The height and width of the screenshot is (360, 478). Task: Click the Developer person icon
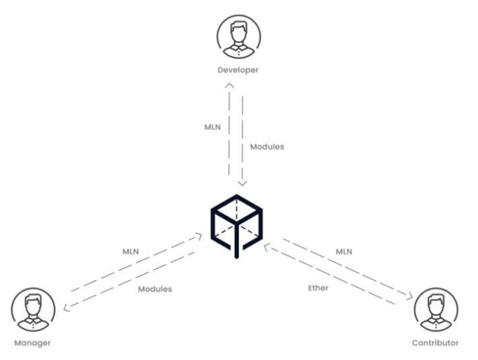239,37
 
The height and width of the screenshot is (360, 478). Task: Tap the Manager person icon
33,310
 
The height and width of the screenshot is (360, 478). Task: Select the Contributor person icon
436,310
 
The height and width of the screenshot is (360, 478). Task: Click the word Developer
238,71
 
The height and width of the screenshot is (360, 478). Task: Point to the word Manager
32,343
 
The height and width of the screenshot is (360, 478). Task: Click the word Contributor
435,343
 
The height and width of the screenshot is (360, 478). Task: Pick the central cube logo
236,226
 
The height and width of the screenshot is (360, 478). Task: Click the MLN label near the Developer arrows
213,127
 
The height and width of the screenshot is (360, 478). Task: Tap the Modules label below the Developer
267,147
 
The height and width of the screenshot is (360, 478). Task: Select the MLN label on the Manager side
131,252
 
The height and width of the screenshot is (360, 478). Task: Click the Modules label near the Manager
155,289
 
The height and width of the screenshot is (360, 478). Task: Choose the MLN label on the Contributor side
344,252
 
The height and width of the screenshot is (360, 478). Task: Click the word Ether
318,288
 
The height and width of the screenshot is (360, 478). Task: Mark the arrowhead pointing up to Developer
230,85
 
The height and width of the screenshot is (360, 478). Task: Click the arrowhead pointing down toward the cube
242,184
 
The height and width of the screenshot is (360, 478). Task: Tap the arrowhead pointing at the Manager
66,308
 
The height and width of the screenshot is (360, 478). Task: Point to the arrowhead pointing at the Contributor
410,296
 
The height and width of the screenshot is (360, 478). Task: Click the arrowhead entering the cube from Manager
199,236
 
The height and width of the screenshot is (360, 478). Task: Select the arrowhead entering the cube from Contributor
267,247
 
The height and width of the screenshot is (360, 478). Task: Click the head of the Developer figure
238,32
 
